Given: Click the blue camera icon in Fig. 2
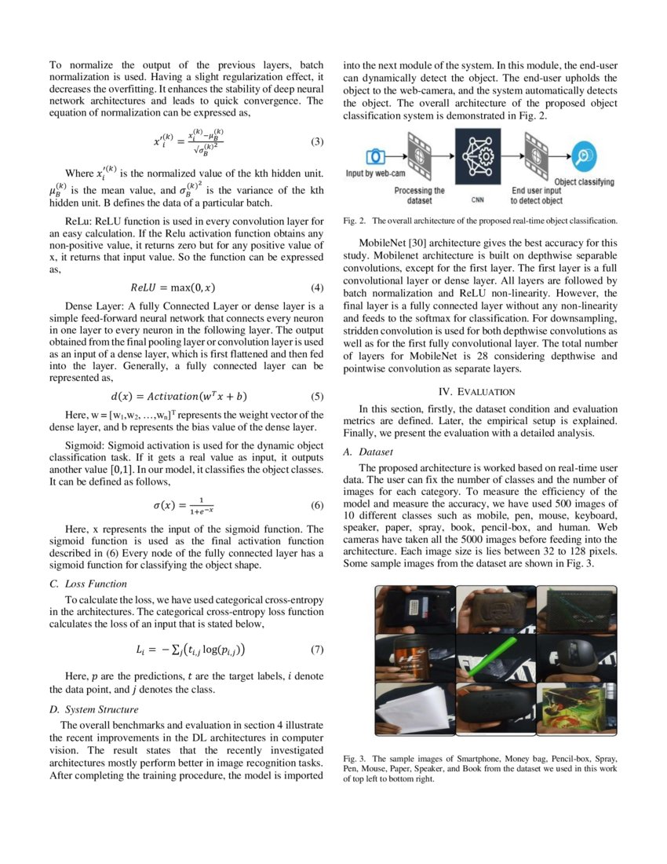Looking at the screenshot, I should click(x=376, y=156).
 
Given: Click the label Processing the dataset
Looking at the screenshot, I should click(x=419, y=195).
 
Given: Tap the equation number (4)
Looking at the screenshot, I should click(x=316, y=287).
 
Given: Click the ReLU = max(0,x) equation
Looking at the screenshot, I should click(x=173, y=287).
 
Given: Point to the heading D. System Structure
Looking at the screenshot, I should click(x=94, y=710).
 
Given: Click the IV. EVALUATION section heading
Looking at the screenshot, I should click(x=476, y=391).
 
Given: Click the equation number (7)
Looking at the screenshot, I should click(x=316, y=650).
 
